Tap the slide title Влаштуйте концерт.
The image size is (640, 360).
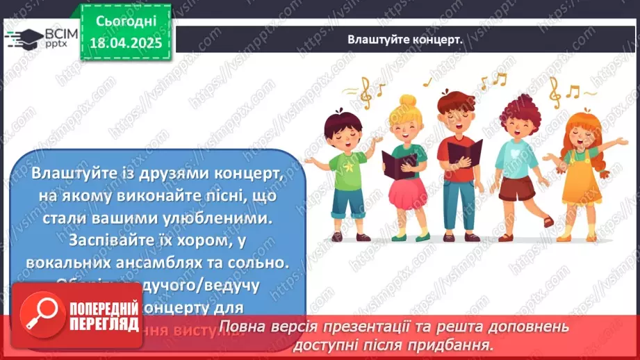[x=405, y=40]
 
